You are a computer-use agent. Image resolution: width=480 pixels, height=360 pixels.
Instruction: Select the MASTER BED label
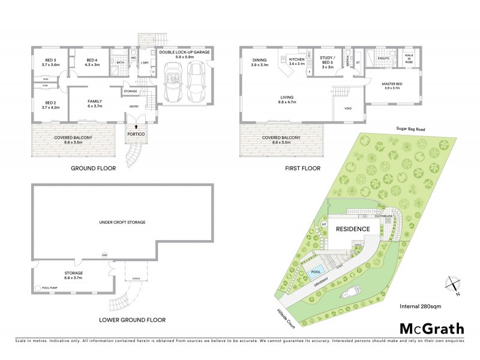click(x=391, y=85)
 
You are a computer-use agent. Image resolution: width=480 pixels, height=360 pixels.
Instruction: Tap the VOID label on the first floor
click(x=348, y=109)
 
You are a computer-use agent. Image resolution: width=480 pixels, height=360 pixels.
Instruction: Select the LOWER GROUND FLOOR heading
click(x=133, y=320)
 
